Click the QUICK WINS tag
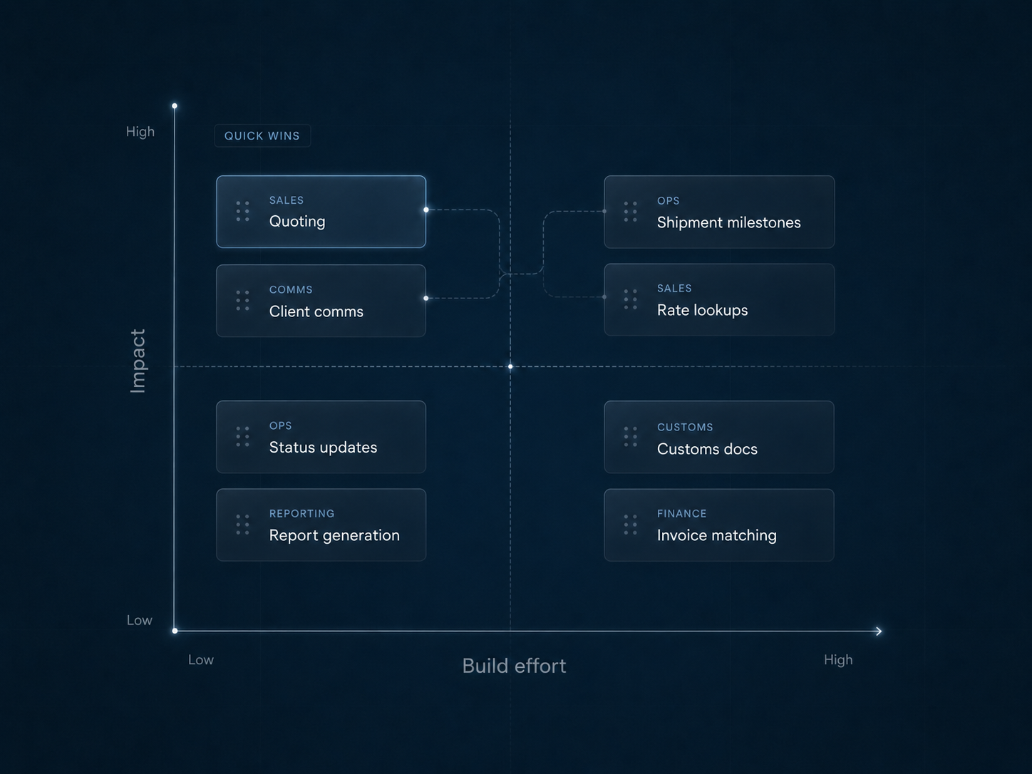(x=262, y=136)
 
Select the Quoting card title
(x=297, y=222)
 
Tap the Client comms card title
(x=316, y=311)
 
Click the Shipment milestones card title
(x=729, y=222)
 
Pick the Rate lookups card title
(x=703, y=310)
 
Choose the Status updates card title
(x=323, y=447)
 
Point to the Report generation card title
(x=334, y=535)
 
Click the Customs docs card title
(x=707, y=449)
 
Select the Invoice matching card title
(x=716, y=535)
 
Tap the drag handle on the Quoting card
(x=242, y=212)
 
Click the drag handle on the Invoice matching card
(x=631, y=525)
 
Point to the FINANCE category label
(x=682, y=514)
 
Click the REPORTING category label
(x=302, y=514)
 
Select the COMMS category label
(x=291, y=289)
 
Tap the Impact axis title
(x=138, y=361)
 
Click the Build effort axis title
(x=514, y=666)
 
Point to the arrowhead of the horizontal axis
(x=879, y=631)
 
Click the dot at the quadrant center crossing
(x=510, y=366)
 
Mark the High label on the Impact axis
(x=140, y=132)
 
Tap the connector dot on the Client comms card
(x=426, y=298)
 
